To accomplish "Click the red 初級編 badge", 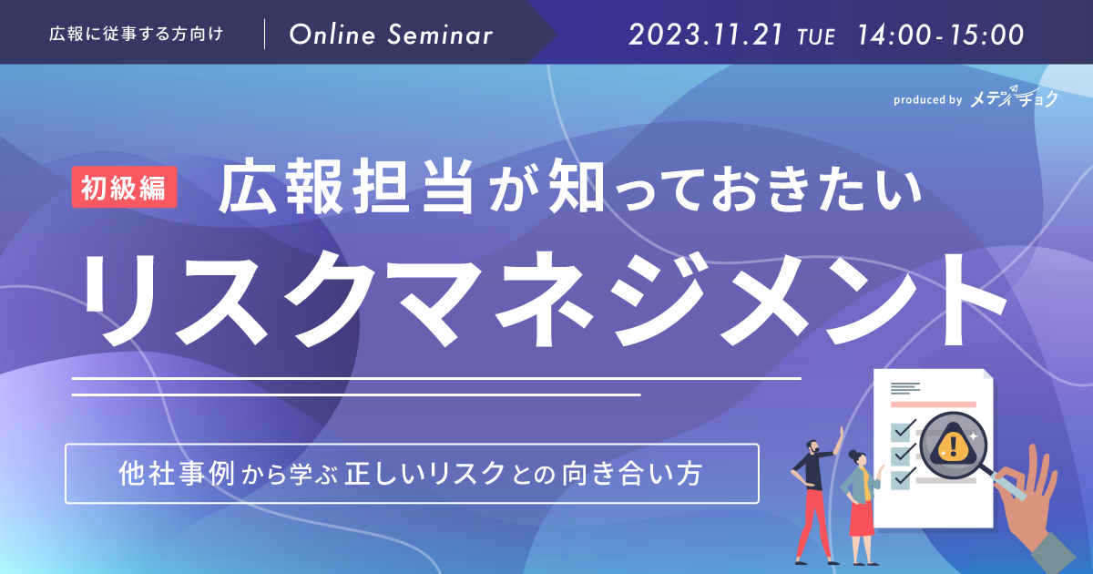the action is click(125, 187).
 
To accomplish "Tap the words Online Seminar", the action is click(391, 36).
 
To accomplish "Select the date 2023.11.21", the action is click(705, 36).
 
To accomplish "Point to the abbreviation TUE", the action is click(816, 37).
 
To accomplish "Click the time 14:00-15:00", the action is click(940, 36).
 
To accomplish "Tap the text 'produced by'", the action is click(927, 100).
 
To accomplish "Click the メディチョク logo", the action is click(1014, 97).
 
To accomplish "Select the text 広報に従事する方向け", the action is click(136, 35).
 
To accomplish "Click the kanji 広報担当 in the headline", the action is click(346, 187).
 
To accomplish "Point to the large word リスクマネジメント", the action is click(543, 299).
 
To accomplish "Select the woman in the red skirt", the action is click(863, 506).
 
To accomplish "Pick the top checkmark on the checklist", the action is click(904, 429).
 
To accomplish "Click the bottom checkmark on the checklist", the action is click(904, 477).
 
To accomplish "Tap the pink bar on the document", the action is click(933, 405).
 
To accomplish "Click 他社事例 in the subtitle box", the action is click(177, 474).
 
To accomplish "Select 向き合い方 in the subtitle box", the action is click(632, 474).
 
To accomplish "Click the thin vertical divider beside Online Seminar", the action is click(264, 35).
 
